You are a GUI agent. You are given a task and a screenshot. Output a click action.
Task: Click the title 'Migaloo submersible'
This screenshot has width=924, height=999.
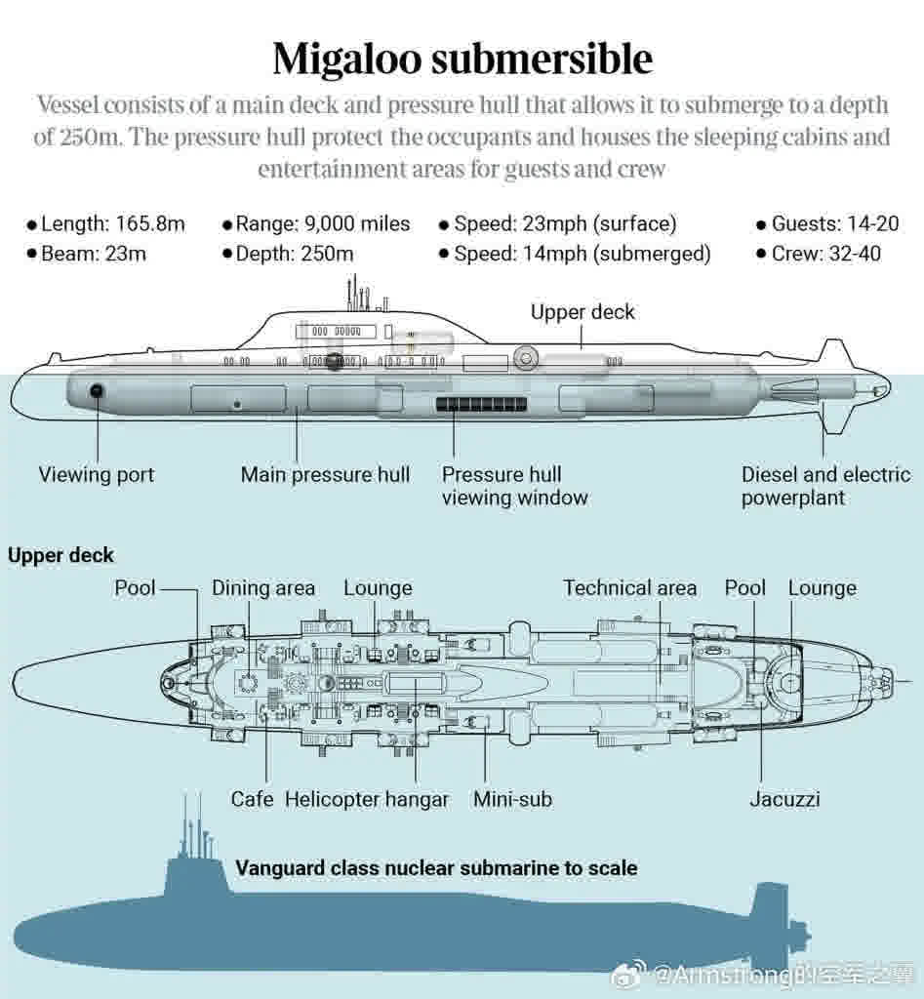462,59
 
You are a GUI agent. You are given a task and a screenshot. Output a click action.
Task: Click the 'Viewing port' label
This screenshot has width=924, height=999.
97,475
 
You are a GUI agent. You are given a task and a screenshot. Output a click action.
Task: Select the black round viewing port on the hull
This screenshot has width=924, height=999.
97,391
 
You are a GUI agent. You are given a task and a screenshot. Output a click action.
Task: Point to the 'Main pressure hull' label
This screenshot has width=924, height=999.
325,475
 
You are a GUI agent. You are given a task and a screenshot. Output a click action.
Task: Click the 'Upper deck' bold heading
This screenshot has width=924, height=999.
60,555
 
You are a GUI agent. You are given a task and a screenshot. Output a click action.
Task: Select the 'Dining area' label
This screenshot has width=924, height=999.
263,588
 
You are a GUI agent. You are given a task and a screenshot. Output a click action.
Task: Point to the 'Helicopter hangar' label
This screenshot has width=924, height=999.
367,799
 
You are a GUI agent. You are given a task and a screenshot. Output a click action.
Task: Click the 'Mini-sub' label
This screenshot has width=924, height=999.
512,799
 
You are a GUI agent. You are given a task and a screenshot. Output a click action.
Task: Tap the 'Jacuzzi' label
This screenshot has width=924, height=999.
784,799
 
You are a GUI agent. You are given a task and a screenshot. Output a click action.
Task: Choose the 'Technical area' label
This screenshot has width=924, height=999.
629,588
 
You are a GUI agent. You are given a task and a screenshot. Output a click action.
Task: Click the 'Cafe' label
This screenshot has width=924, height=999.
252,799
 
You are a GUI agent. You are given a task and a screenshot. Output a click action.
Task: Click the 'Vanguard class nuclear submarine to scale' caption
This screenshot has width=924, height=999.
436,867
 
